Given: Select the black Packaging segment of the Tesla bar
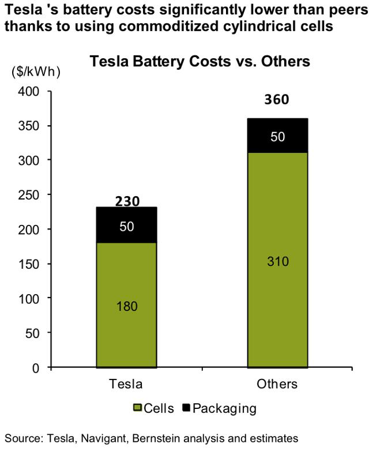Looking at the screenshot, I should pos(126,225).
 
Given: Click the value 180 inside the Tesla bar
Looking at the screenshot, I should pos(126,306).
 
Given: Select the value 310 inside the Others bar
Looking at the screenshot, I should pos(277,261).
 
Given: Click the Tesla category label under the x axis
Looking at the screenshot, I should pos(126,384).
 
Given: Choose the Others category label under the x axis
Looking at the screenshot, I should pos(277,384).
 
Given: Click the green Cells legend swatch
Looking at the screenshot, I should pos(138,409).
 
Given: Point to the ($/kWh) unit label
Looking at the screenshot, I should pos(35,72).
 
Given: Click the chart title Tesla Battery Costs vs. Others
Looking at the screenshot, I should pos(199,62).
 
